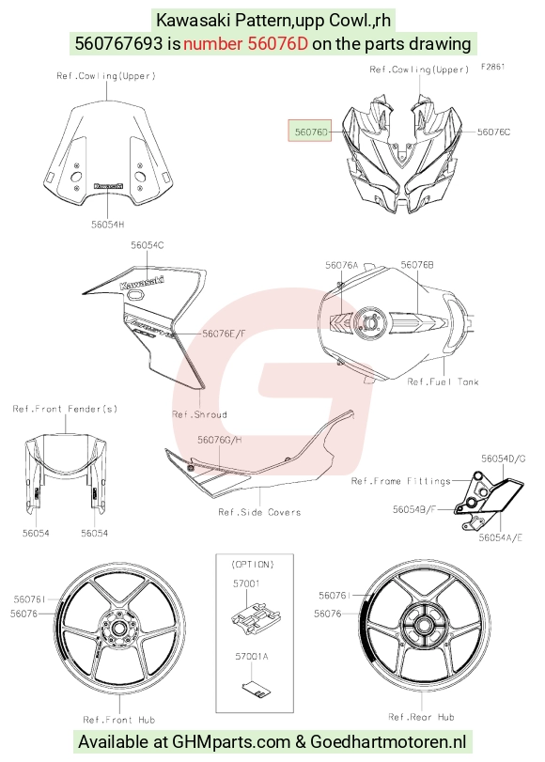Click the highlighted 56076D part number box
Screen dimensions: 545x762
(x=310, y=131)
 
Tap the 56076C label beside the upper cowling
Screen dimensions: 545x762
(x=493, y=132)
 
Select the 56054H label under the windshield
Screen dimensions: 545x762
(x=107, y=224)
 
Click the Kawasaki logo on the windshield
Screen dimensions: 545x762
(x=108, y=186)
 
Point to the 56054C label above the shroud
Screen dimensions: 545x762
(x=147, y=245)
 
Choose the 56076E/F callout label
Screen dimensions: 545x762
(x=225, y=334)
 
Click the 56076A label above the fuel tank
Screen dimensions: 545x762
(x=341, y=265)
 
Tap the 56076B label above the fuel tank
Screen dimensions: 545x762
(x=417, y=264)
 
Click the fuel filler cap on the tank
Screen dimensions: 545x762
(x=370, y=321)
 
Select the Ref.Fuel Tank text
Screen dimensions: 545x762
(x=443, y=382)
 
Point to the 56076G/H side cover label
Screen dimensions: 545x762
(x=219, y=440)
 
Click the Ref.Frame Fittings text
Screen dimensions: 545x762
(x=400, y=481)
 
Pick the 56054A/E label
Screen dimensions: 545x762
(x=500, y=537)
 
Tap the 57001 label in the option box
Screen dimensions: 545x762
(x=246, y=583)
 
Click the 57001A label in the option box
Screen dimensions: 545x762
(x=251, y=656)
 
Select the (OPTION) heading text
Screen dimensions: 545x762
(x=253, y=564)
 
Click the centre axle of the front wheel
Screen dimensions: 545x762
(x=117, y=629)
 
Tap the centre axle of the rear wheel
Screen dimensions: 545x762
(x=422, y=624)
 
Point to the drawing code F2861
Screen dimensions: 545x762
(x=493, y=67)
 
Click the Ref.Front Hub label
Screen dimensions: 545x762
(x=119, y=720)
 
